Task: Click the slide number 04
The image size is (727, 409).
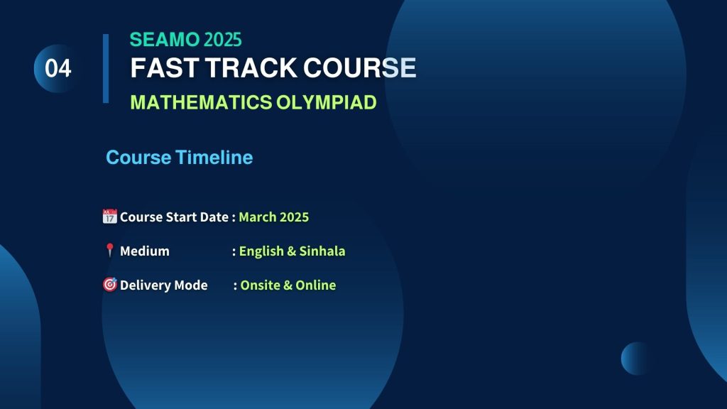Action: pyautogui.click(x=58, y=69)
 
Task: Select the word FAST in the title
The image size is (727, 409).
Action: pyautogui.click(x=165, y=67)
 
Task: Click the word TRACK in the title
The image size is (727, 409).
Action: pyautogui.click(x=251, y=67)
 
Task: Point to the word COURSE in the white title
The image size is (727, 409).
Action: pyautogui.click(x=360, y=67)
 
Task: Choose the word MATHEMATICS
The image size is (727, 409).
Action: pyautogui.click(x=201, y=102)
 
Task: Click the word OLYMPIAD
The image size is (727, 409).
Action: pyautogui.click(x=327, y=102)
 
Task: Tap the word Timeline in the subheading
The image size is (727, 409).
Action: pyautogui.click(x=214, y=158)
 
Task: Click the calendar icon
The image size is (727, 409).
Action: pyautogui.click(x=110, y=216)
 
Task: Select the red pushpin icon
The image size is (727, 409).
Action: pyautogui.click(x=109, y=250)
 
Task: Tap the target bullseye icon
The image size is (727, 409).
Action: pyautogui.click(x=110, y=284)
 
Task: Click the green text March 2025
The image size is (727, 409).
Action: pyautogui.click(x=273, y=217)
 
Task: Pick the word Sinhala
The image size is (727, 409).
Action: pyautogui.click(x=322, y=251)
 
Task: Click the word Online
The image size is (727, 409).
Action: pyautogui.click(x=316, y=285)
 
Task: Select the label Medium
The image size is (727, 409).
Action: pyautogui.click(x=145, y=251)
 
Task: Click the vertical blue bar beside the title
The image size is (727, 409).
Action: pyautogui.click(x=106, y=68)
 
